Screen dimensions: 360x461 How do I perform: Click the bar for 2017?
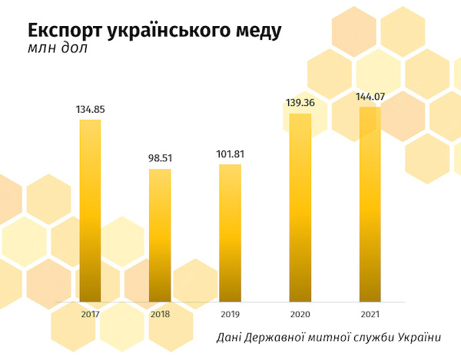(x=91, y=211)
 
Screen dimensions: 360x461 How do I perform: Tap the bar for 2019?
(x=230, y=233)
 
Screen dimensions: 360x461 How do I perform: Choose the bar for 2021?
(x=370, y=205)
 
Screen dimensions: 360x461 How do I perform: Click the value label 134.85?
(x=91, y=110)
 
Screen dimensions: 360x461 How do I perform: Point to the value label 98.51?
(x=160, y=159)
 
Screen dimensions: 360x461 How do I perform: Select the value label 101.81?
(x=230, y=154)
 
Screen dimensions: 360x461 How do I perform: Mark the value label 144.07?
(x=370, y=97)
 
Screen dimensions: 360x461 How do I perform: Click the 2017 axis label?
(x=91, y=313)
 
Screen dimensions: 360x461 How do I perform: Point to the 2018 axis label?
(x=160, y=313)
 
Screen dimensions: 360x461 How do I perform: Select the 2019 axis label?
(x=230, y=313)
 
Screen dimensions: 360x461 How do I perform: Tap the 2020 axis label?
(x=300, y=313)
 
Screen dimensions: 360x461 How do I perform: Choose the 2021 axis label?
(x=370, y=313)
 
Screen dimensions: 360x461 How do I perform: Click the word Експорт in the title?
(x=64, y=31)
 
